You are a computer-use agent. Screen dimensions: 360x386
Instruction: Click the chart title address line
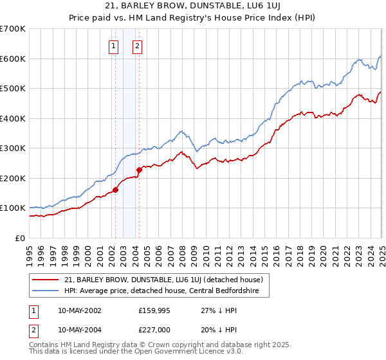coord(193,5)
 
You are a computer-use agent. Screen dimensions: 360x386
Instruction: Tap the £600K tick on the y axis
coord(13,59)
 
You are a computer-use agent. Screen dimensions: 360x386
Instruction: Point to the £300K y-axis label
coord(13,148)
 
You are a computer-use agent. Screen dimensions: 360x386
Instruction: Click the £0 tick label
coord(21,238)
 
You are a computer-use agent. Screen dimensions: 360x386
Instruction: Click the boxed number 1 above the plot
coord(114,46)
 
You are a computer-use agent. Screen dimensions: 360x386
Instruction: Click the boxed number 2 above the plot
coord(138,46)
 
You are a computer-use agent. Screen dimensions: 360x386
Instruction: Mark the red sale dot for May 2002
coord(116,190)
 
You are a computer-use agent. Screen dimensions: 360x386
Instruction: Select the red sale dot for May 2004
coord(139,170)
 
